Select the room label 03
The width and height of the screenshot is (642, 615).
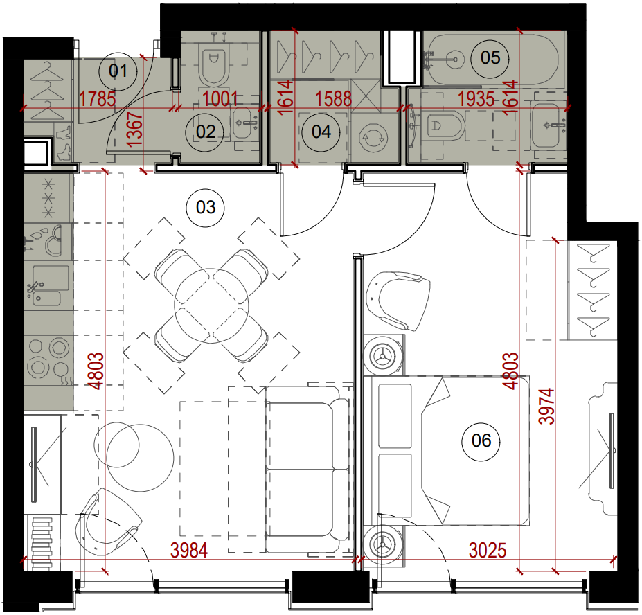pos(206,207)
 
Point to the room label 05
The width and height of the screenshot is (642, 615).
pos(490,57)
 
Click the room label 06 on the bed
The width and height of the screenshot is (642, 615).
pos(481,440)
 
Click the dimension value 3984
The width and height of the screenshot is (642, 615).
pos(189,551)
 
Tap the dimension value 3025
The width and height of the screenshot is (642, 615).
pos(488,551)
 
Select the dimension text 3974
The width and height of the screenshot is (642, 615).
pos(547,406)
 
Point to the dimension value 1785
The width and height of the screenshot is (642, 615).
pos(98,99)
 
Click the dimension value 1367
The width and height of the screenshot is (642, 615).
pos(135,130)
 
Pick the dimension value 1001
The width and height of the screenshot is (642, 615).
pos(220,99)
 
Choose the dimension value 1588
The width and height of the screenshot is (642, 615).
pos(333,99)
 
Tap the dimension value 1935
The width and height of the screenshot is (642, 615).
pos(476,99)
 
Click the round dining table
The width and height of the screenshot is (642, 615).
pos(211,305)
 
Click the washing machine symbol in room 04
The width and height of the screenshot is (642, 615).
pos(373,138)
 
